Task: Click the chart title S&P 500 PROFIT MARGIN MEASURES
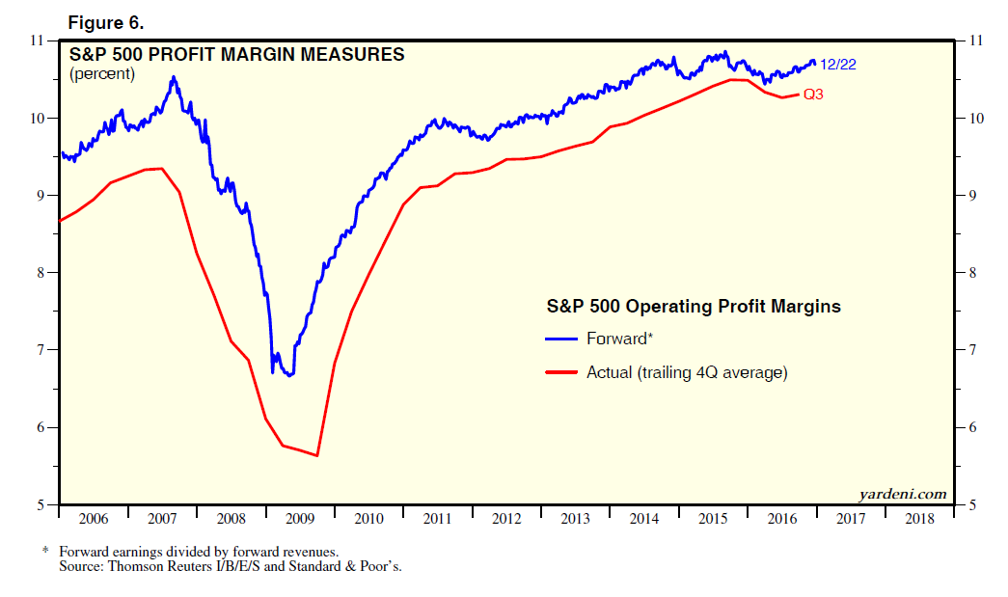[236, 55]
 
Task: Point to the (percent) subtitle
[101, 73]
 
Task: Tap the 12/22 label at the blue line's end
[836, 65]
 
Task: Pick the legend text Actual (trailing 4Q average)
[687, 371]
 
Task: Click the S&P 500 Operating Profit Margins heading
[693, 307]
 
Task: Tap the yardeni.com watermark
[903, 495]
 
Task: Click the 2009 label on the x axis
[300, 519]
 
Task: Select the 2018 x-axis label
[919, 519]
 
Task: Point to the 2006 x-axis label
[94, 519]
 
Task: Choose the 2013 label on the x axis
[575, 519]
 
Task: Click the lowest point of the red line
[317, 455]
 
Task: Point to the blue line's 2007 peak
[174, 77]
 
